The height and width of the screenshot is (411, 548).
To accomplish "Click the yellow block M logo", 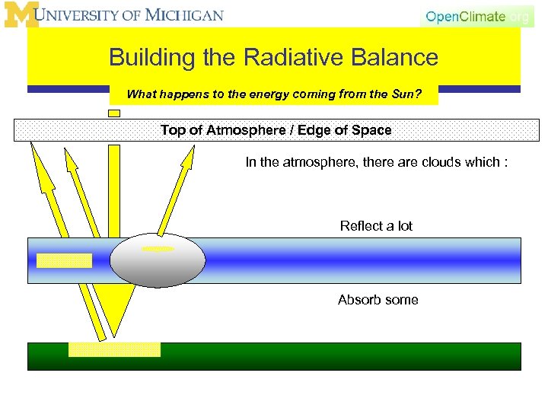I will (21, 15).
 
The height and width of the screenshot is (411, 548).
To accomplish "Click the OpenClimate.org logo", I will (476, 16).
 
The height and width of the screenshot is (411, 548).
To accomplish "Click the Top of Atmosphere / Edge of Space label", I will (276, 130).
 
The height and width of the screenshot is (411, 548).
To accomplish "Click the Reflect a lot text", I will (376, 226).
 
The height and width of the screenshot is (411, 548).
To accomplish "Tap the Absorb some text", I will (378, 300).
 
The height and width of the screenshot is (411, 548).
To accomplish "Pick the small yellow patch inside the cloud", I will (158, 248).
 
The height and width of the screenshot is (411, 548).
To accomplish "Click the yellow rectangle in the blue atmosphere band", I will (64, 260).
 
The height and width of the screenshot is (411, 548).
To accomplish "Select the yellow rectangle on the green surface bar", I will (114, 349).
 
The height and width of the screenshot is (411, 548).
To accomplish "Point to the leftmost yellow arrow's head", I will (36, 156).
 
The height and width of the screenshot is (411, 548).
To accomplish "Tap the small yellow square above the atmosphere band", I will (114, 113).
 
